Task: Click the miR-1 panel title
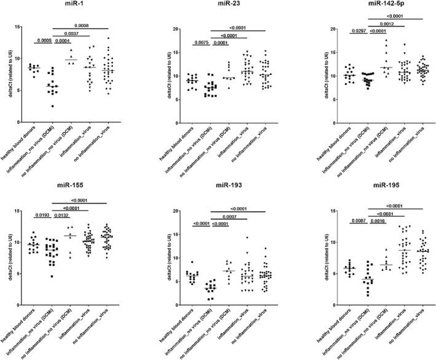tap(68, 6)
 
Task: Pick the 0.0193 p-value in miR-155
tap(43, 216)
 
